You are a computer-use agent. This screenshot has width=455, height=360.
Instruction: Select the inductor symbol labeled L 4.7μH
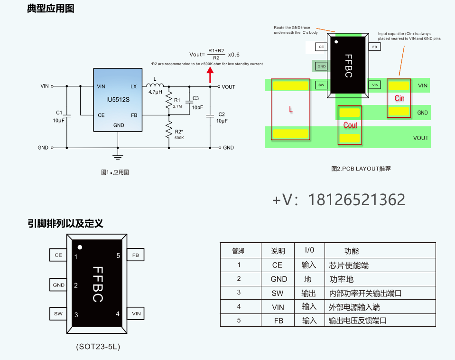click(156, 86)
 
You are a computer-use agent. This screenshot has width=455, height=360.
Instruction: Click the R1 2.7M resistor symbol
click(168, 101)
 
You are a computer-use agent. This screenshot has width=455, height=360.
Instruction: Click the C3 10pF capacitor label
click(196, 103)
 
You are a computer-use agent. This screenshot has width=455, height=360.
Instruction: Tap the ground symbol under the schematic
click(118, 156)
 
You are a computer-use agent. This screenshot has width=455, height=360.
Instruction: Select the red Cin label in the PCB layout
click(399, 98)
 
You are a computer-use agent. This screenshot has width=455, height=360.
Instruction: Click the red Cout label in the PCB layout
click(350, 125)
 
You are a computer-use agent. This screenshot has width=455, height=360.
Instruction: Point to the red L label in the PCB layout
click(291, 110)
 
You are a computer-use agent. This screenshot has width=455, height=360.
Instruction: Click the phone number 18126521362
click(356, 200)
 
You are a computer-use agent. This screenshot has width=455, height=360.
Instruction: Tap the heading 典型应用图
click(51, 9)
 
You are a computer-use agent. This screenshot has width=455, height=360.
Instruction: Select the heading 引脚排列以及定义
click(65, 223)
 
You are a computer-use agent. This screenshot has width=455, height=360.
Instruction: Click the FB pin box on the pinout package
click(136, 255)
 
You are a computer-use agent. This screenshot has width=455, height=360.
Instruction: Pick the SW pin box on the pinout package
click(58, 314)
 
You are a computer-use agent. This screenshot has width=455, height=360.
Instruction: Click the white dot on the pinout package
click(80, 247)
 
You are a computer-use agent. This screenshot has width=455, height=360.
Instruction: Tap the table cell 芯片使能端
click(349, 265)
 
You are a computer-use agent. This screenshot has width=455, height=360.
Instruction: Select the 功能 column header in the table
click(351, 251)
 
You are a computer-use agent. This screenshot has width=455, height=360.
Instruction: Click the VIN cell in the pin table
click(278, 307)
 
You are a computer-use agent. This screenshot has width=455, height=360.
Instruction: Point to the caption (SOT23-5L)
click(98, 347)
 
